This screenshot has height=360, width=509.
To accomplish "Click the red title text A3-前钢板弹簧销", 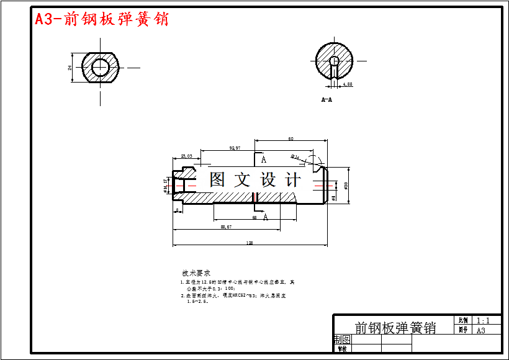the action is [101, 19].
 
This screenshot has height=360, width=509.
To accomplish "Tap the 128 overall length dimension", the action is [250, 243].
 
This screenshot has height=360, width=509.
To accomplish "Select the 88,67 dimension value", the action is [226, 227].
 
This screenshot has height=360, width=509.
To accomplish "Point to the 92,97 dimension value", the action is [235, 148].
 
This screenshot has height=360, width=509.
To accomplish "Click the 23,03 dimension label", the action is [186, 156].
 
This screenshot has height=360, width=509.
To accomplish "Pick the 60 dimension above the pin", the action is [291, 139].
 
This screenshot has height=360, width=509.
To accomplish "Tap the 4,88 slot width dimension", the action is [347, 84].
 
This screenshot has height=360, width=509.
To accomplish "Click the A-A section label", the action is [327, 99].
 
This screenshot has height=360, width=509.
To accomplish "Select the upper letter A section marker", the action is [263, 159].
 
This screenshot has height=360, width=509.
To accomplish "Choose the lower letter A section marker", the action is [266, 217].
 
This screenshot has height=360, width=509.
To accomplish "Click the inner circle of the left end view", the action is [99, 67].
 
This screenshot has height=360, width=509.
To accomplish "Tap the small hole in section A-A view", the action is [334, 61].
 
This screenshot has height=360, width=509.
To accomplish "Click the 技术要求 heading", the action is [196, 273].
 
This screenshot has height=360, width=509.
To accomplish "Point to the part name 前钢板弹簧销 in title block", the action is [395, 328].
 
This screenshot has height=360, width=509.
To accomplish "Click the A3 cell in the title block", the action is [480, 331].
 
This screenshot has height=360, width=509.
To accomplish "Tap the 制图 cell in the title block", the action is [342, 340].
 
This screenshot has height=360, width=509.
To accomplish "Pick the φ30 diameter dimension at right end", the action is [345, 185].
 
